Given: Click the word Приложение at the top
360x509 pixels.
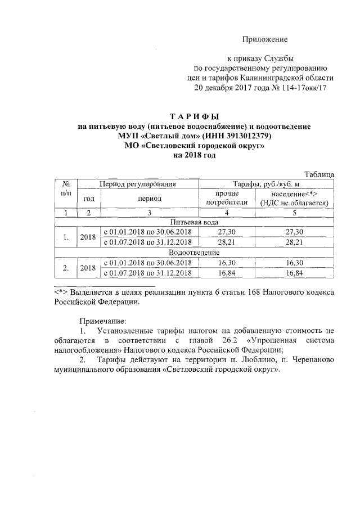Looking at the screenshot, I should [x=265, y=39].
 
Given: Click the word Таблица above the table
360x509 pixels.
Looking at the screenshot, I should [x=319, y=174].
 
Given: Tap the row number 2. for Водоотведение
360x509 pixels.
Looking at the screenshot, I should [x=66, y=268].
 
